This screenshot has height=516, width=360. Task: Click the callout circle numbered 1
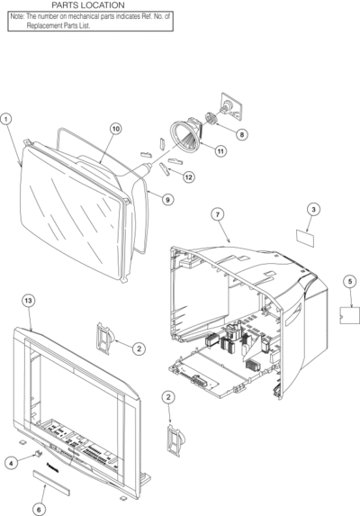(6, 119)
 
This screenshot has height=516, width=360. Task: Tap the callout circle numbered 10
(116, 129)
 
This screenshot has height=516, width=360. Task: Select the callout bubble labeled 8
(241, 134)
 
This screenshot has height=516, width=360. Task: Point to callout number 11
(220, 151)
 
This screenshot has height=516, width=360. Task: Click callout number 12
(188, 177)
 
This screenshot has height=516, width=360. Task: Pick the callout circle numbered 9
(167, 199)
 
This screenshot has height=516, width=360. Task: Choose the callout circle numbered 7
(217, 214)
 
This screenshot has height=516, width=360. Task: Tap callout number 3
(313, 209)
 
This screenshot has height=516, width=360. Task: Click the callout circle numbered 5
(350, 281)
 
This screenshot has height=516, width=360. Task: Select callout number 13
(28, 301)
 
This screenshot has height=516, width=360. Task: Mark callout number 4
(11, 464)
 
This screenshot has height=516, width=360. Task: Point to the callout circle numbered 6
(39, 510)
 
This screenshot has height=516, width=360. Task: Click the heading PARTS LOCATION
(88, 5)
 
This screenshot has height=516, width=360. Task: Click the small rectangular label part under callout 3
(305, 239)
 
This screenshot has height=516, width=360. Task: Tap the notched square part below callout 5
(349, 315)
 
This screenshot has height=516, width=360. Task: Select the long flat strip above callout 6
(51, 483)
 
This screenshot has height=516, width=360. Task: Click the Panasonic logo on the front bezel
(53, 467)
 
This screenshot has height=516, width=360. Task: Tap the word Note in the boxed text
(17, 16)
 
